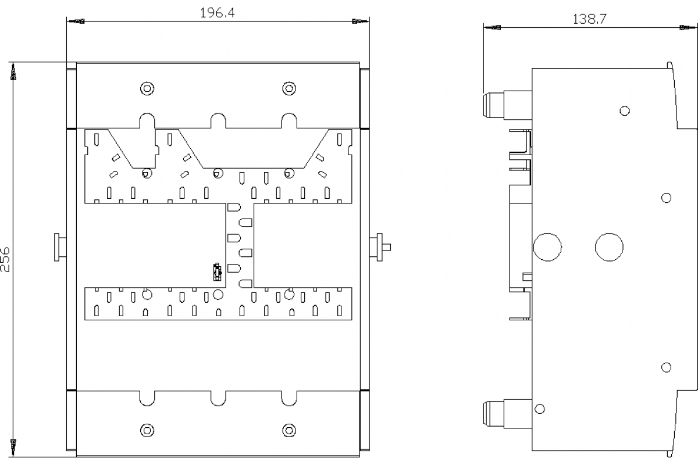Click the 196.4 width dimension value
point(217,13)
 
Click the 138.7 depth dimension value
point(590,19)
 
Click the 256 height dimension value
point(5,260)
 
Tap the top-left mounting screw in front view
point(147,88)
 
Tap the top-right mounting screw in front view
point(289,88)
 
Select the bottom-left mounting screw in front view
point(147,431)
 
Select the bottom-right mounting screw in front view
point(289,431)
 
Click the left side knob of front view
point(60,247)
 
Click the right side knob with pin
point(380,247)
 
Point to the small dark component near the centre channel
point(217,272)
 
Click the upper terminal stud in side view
point(507,105)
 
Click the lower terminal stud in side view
point(507,414)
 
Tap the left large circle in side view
point(547,247)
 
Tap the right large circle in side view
point(609,247)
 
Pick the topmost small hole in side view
point(625,110)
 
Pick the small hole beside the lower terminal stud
point(539,409)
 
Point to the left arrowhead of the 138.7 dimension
point(492,28)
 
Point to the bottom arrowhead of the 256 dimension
point(13,448)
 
